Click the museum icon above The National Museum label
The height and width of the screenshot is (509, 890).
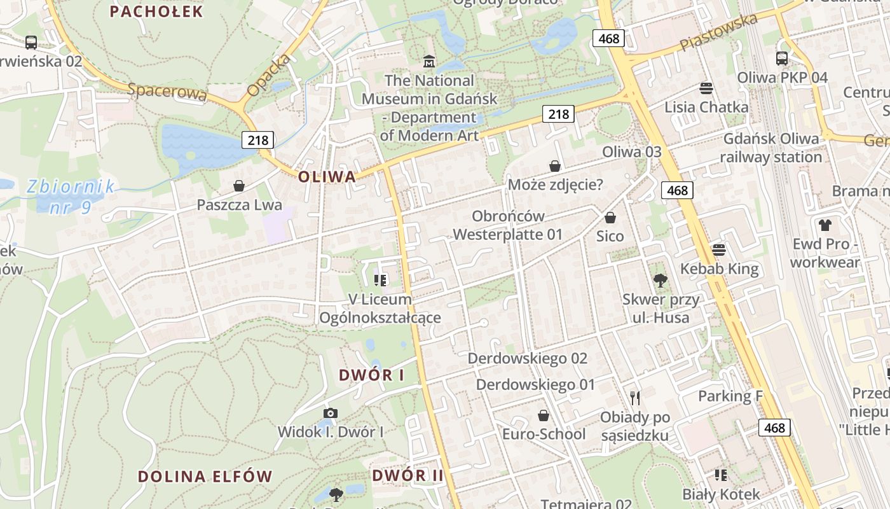click(429, 62)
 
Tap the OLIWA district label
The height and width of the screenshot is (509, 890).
click(327, 176)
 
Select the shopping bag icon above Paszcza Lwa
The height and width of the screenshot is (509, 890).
click(239, 186)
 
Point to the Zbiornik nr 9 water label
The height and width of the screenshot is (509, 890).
click(70, 196)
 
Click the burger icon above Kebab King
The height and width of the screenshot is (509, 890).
click(719, 249)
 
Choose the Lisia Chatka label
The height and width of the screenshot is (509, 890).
click(706, 107)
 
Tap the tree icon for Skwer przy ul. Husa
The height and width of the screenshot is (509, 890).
click(661, 280)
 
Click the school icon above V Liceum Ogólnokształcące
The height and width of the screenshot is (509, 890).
click(381, 280)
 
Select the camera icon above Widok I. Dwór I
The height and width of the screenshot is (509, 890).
click(330, 414)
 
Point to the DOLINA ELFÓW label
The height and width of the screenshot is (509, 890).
click(205, 477)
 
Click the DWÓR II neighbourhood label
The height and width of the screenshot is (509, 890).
click(407, 475)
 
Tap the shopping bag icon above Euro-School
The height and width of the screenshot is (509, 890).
click(544, 415)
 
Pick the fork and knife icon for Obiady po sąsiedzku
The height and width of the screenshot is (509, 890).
click(634, 398)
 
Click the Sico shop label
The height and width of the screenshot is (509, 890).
click(610, 236)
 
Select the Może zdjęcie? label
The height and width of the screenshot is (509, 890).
click(556, 185)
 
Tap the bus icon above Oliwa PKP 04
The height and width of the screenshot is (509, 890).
click(782, 59)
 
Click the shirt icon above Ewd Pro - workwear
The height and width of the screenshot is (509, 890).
click(825, 225)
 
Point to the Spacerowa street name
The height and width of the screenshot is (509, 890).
click(167, 92)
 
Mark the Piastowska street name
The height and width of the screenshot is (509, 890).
click(718, 32)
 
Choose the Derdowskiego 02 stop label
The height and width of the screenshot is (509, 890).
click(528, 358)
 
